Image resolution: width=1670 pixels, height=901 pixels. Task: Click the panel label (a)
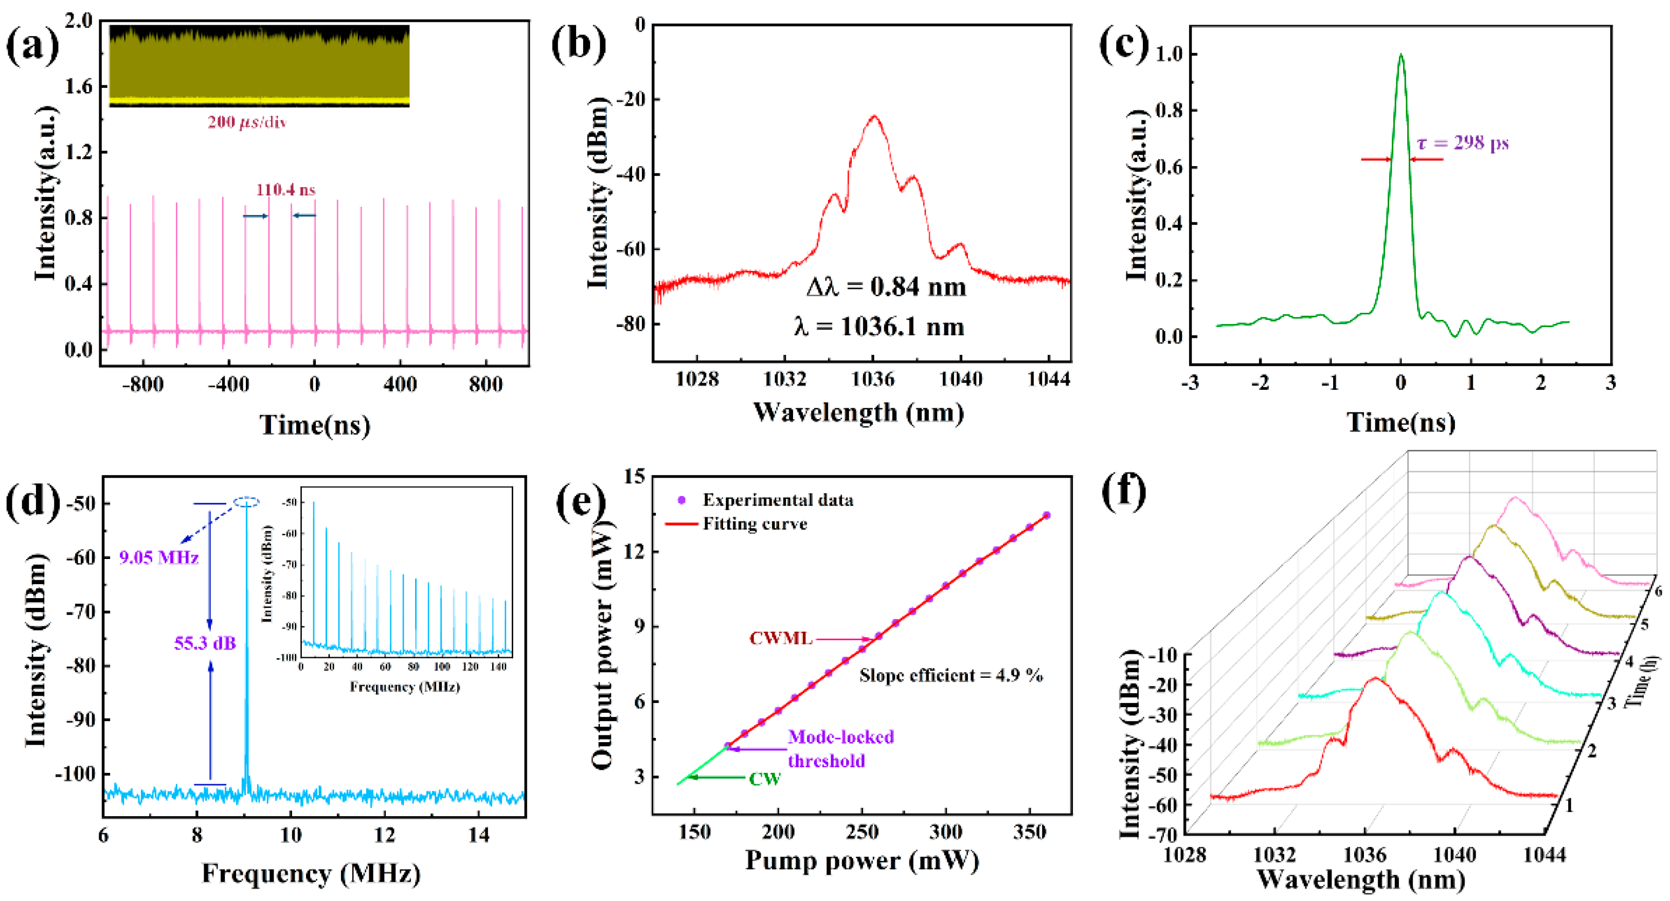pyautogui.click(x=32, y=47)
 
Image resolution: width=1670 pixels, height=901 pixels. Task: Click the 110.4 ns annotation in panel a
pyautogui.click(x=285, y=190)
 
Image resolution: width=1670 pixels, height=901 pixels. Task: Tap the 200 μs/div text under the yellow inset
pyautogui.click(x=246, y=122)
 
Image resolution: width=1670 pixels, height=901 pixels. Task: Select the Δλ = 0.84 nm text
pyautogui.click(x=886, y=286)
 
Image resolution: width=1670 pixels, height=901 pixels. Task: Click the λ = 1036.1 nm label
pyautogui.click(x=879, y=326)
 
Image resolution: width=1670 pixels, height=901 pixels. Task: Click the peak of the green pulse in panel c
pyautogui.click(x=1401, y=55)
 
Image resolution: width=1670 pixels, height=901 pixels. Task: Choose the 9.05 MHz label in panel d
pyautogui.click(x=159, y=557)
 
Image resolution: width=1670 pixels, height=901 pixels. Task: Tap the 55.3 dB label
pyautogui.click(x=205, y=643)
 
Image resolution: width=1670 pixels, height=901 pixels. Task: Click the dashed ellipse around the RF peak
pyautogui.click(x=246, y=502)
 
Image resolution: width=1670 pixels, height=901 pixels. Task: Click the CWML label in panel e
pyautogui.click(x=781, y=639)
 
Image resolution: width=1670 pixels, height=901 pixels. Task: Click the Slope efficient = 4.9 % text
pyautogui.click(x=951, y=675)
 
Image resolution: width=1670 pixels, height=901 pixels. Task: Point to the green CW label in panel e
pyautogui.click(x=765, y=779)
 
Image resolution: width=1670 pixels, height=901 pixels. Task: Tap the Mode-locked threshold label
pyautogui.click(x=840, y=749)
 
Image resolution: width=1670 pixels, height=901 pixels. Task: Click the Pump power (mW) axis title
pyautogui.click(x=861, y=861)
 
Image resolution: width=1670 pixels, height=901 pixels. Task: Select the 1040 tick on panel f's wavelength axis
pyautogui.click(x=1454, y=855)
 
